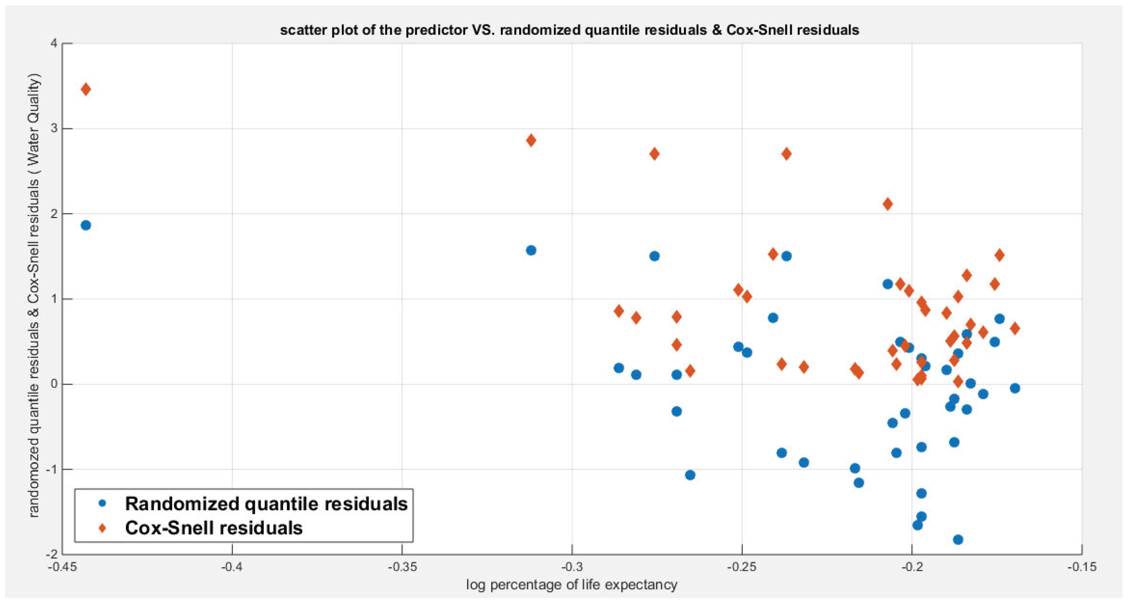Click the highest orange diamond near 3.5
click(86, 89)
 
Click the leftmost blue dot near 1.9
click(86, 225)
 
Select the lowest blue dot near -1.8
click(958, 539)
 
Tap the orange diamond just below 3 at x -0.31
click(531, 141)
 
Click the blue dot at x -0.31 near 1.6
click(531, 251)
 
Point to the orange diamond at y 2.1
click(888, 204)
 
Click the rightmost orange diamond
click(1015, 328)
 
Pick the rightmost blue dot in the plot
click(1015, 388)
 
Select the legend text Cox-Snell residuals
click(214, 528)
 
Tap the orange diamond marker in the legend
click(102, 528)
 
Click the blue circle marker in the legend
click(102, 504)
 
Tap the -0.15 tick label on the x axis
click(1082, 567)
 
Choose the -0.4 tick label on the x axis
click(232, 567)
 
